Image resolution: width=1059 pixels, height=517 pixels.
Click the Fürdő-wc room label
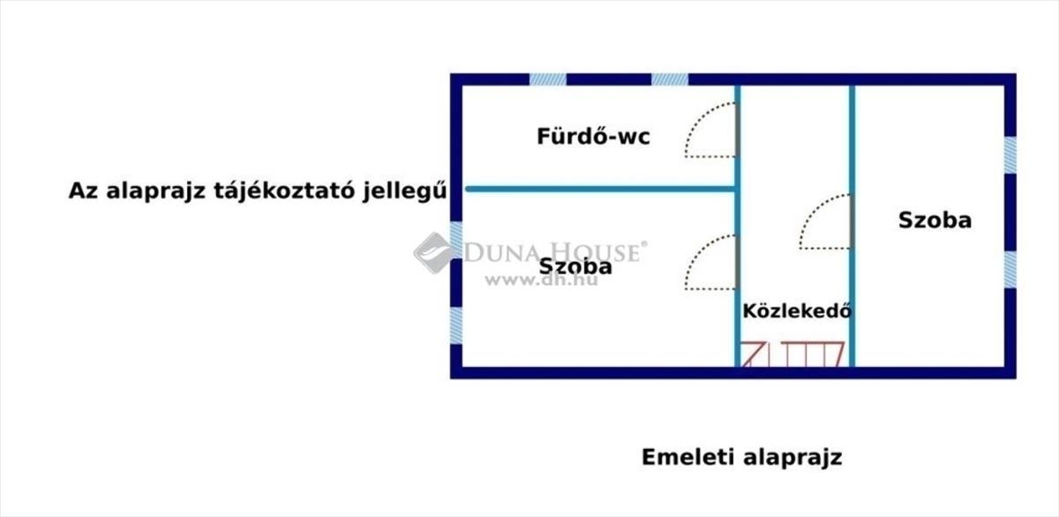coord(593,137)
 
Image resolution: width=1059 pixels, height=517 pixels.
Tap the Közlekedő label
coord(796,311)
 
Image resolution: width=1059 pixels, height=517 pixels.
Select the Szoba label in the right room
coord(935,220)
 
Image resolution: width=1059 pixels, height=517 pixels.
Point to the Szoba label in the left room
coord(575,266)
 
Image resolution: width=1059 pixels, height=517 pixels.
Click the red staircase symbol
coord(793,354)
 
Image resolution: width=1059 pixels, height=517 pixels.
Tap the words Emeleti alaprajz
coord(741,457)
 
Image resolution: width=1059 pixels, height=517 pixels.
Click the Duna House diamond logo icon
coord(433,252)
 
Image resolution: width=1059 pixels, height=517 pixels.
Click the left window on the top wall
coord(547,79)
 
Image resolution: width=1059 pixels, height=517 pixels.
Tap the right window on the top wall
coord(670,79)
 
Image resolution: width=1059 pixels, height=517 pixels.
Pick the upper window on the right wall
coord(1010,155)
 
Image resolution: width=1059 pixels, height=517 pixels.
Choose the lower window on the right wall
coord(1010,268)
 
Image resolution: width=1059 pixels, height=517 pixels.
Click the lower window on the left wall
coord(456,324)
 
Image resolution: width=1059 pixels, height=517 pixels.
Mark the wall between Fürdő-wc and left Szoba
coord(600,189)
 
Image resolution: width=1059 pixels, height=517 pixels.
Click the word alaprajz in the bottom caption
coord(792,457)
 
